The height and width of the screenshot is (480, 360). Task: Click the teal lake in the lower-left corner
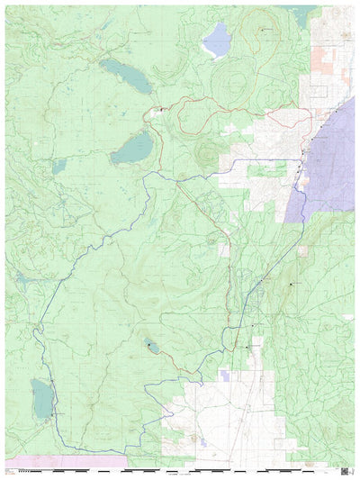(x=41, y=397)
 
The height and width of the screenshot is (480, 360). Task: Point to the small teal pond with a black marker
(x=150, y=345)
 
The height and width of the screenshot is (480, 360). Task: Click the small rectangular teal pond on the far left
(x=59, y=167)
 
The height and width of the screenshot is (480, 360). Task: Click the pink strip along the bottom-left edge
(x=54, y=460)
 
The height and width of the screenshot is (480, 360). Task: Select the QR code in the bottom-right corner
(x=345, y=469)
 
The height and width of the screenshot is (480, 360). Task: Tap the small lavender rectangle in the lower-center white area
(x=224, y=375)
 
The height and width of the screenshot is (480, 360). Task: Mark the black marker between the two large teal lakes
(x=161, y=109)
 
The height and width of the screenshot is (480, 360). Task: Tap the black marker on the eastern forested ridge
(x=291, y=285)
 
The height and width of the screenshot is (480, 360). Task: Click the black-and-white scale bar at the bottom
(x=180, y=470)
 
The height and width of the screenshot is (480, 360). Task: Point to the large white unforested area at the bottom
(x=216, y=414)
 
